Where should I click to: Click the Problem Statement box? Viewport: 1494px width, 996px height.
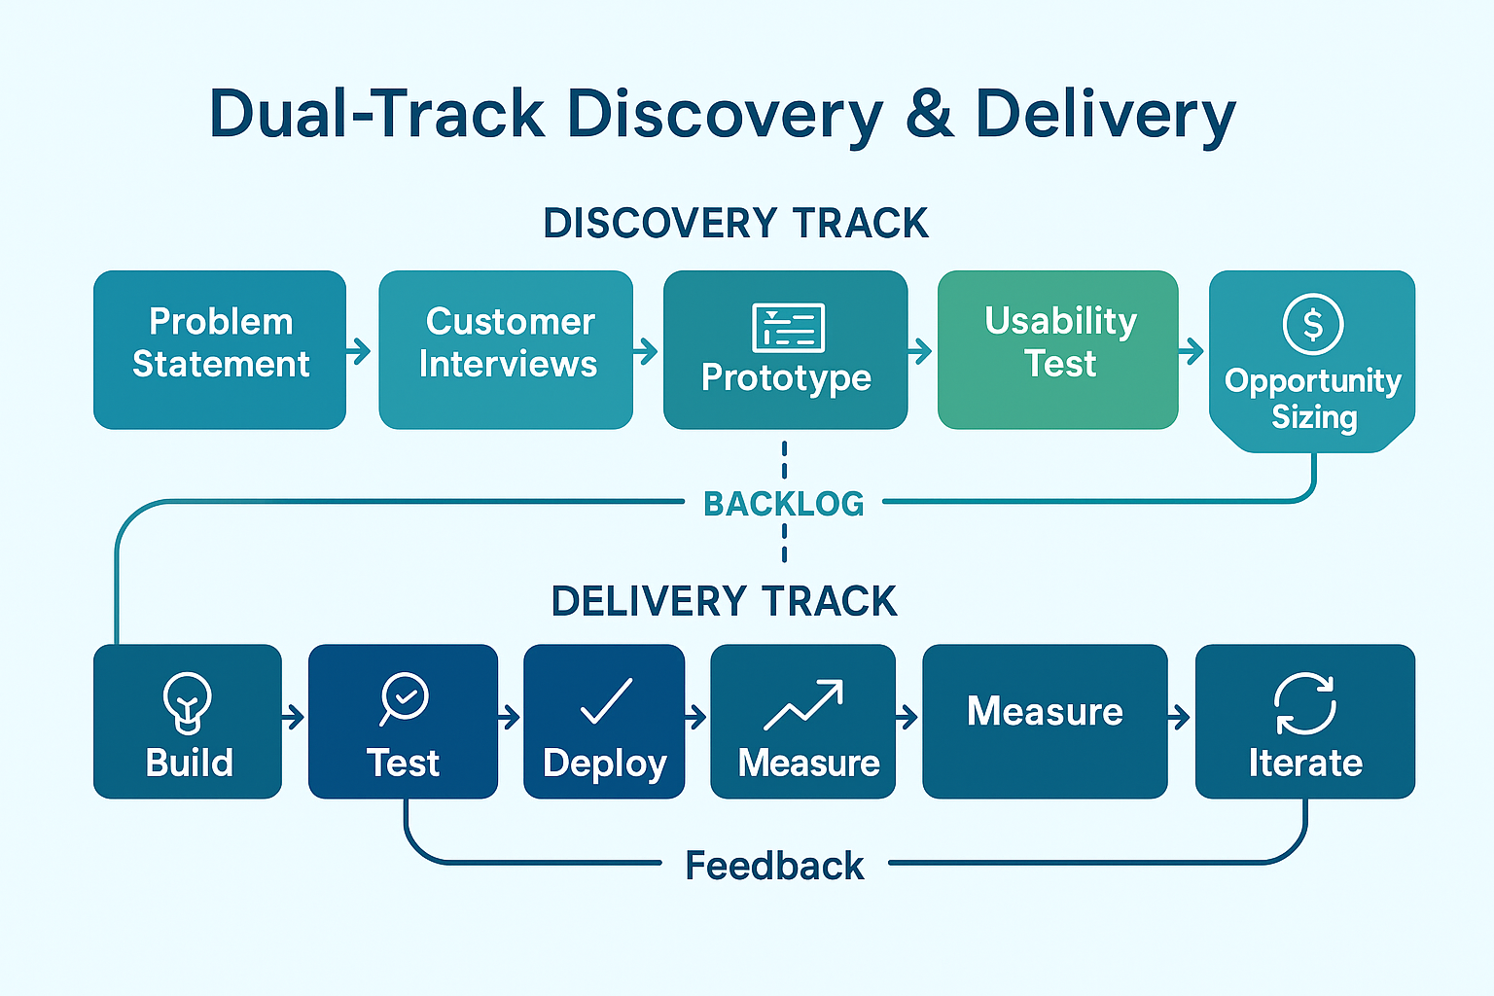click(220, 349)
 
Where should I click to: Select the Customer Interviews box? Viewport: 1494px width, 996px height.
click(506, 349)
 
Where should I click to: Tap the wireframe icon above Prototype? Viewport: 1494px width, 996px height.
click(788, 328)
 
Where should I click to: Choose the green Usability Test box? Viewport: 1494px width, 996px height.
click(1058, 349)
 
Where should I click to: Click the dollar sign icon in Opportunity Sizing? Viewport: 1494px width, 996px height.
click(1312, 324)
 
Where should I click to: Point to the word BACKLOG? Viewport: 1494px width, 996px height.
click(784, 504)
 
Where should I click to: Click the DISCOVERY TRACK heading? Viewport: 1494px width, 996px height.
click(735, 223)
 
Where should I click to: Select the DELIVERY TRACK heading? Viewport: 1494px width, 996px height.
click(724, 601)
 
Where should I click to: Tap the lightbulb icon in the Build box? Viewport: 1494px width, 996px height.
click(188, 703)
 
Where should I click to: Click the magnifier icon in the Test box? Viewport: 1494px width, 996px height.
click(404, 698)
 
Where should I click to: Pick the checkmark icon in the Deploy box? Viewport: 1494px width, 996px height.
click(606, 701)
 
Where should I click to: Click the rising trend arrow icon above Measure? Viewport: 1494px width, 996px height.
click(803, 705)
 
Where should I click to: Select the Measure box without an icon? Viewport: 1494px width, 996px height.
click(1046, 721)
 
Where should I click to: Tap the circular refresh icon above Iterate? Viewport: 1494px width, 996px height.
click(1304, 704)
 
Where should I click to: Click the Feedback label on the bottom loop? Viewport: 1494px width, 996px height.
click(774, 866)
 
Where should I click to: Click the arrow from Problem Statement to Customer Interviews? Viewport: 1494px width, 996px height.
click(359, 351)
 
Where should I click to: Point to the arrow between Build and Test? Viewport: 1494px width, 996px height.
click(294, 718)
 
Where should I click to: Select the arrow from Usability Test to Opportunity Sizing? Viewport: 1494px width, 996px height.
click(1192, 351)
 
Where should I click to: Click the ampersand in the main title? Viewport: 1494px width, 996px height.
click(930, 114)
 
